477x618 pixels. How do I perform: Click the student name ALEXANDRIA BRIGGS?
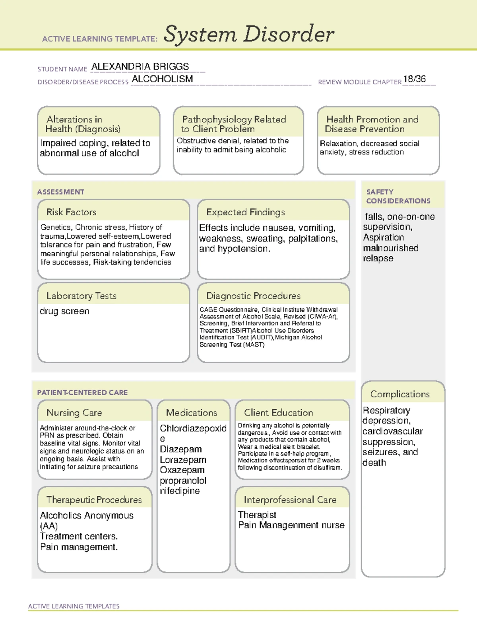140,66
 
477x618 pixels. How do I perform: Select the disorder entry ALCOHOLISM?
162,79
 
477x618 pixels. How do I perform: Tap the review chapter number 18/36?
414,79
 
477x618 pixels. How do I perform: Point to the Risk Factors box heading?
71,212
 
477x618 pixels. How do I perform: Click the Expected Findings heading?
245,212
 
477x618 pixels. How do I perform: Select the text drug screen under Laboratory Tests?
64,311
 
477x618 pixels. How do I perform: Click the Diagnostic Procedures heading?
253,296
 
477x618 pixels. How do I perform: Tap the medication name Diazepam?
180,449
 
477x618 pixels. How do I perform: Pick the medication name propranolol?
183,481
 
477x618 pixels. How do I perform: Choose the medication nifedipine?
180,491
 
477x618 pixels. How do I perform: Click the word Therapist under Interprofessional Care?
257,515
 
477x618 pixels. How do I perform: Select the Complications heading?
400,394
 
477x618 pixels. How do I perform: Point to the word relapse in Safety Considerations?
378,258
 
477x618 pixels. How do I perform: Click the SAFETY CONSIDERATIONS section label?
398,196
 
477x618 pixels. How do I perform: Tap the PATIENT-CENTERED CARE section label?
82,392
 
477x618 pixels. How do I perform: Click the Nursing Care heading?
74,413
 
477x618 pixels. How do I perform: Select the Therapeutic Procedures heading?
94,500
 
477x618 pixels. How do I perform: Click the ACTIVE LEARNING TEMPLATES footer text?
74,606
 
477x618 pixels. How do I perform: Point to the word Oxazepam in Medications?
182,470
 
